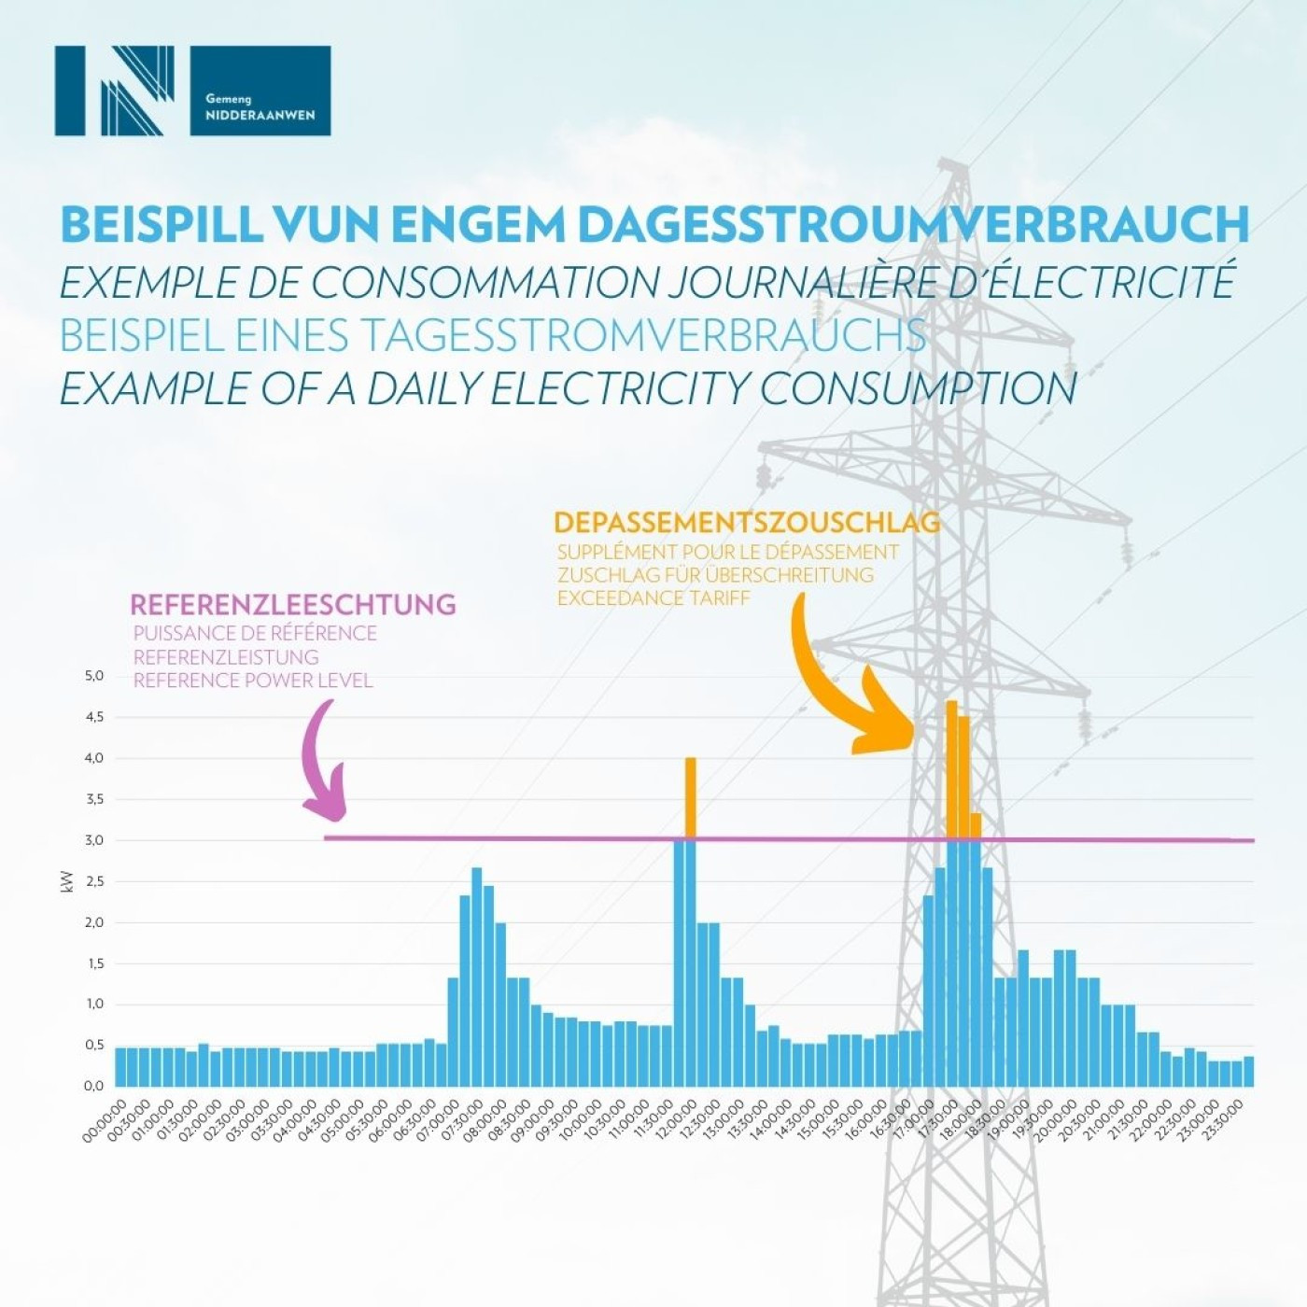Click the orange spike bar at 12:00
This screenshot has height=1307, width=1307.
click(x=691, y=798)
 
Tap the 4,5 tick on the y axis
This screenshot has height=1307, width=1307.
click(x=93, y=717)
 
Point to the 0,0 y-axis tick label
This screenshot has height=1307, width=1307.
click(x=93, y=1086)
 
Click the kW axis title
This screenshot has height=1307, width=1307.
click(x=66, y=881)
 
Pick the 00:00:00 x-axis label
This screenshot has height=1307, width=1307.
click(x=105, y=1119)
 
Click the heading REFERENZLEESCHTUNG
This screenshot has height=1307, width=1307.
click(x=292, y=604)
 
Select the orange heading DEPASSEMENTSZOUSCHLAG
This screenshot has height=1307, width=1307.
click(x=747, y=522)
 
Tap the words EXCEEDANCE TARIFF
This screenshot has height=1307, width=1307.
click(x=653, y=597)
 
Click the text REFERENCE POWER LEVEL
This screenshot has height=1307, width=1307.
click(x=253, y=681)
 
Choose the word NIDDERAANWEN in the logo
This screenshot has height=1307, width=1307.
click(x=260, y=116)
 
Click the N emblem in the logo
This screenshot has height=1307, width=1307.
click(x=115, y=91)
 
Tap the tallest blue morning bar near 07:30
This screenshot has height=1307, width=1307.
click(x=476, y=976)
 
